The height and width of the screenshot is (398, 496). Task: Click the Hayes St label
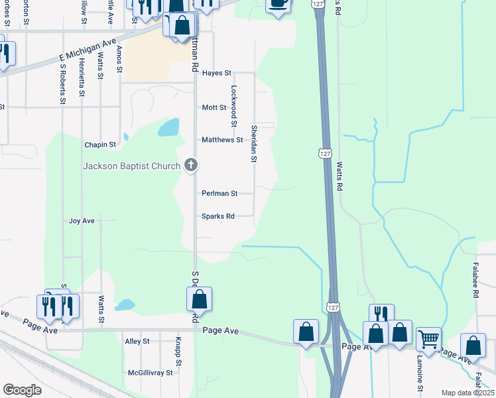coord(216,73)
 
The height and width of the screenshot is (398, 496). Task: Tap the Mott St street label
coord(214,107)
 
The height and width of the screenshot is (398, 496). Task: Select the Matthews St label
coord(222,140)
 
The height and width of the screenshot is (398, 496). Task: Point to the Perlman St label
coord(219,194)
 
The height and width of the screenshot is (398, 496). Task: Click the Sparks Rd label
coord(218,216)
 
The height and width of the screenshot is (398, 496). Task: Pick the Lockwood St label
coord(233,105)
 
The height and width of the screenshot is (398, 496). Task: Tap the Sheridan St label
coord(253,143)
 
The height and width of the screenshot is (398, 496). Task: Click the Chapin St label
coord(100,145)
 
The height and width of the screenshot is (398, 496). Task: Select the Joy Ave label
coord(82,221)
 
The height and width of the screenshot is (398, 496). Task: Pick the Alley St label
coord(137,342)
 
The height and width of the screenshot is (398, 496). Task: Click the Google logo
coord(23,389)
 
